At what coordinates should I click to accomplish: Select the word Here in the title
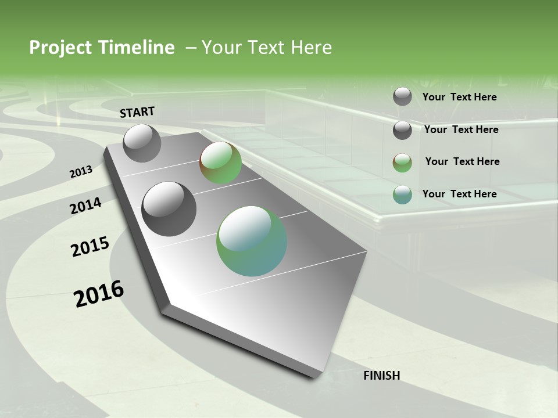(311, 48)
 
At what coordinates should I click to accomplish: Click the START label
(137, 112)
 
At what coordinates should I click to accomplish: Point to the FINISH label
(382, 376)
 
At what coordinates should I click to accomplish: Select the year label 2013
(81, 172)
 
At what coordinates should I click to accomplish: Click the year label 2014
(86, 206)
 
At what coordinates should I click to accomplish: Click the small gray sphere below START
(142, 143)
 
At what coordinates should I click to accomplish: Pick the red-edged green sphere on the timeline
(221, 163)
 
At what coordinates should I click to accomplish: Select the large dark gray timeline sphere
(169, 209)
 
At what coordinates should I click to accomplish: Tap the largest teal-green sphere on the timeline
(252, 241)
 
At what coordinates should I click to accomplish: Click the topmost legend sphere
(402, 96)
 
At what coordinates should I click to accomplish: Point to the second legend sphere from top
(402, 130)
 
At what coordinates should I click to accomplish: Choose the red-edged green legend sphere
(402, 163)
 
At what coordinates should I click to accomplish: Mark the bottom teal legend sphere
(402, 194)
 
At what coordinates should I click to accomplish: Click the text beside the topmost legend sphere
(459, 97)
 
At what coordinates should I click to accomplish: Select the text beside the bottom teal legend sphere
(459, 194)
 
